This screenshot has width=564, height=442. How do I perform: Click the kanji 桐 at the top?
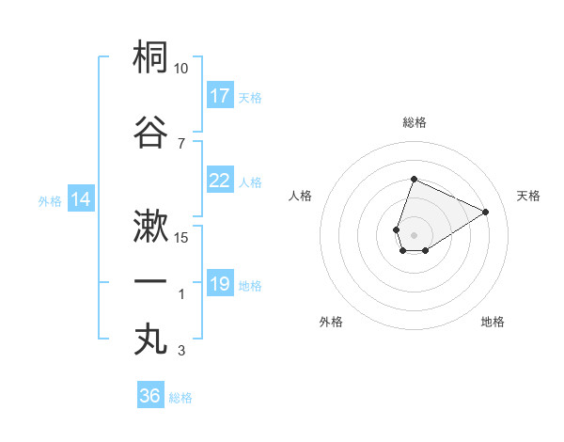151,57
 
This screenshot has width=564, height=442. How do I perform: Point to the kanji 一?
151,282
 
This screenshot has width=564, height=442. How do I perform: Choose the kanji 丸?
151,339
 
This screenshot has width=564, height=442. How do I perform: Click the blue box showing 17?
220,96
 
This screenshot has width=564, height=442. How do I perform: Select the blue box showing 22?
220,181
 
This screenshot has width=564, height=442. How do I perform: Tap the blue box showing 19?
220,284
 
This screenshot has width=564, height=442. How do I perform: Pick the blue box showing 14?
81,199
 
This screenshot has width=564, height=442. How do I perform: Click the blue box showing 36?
150,396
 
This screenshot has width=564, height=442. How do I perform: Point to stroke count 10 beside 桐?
181,69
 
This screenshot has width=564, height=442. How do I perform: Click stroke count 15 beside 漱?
181,237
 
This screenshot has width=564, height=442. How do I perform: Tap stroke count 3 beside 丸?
181,351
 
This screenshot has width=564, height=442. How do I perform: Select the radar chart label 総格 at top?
414,122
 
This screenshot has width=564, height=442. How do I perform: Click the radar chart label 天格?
528,196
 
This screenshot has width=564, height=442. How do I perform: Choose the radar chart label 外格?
331,322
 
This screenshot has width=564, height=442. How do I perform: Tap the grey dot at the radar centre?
414,233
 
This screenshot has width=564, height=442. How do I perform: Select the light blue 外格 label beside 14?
49,200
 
